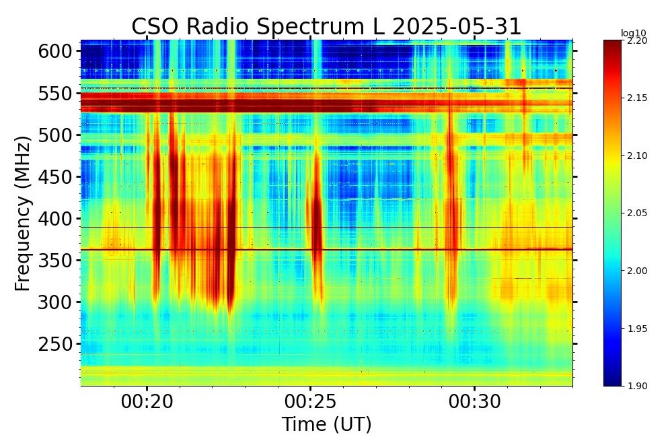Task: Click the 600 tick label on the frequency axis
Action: click(56, 52)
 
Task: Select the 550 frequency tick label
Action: click(56, 94)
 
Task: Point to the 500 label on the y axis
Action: click(56, 135)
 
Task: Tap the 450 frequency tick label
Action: click(56, 177)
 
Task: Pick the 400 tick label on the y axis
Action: click(56, 219)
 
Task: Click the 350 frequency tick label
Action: click(56, 261)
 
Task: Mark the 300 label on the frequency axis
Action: click(56, 302)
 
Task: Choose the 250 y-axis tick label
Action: click(56, 344)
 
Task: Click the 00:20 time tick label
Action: click(147, 402)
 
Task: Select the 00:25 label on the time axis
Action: click(311, 402)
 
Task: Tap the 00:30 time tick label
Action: click(475, 402)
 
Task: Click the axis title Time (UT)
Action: click(326, 424)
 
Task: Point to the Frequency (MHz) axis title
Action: click(24, 213)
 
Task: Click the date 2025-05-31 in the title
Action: click(457, 27)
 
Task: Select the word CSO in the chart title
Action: click(156, 27)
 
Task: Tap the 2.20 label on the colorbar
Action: click(636, 40)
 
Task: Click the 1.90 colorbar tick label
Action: click(636, 386)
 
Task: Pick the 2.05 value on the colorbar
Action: click(636, 213)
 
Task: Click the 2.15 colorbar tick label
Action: click(636, 98)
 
